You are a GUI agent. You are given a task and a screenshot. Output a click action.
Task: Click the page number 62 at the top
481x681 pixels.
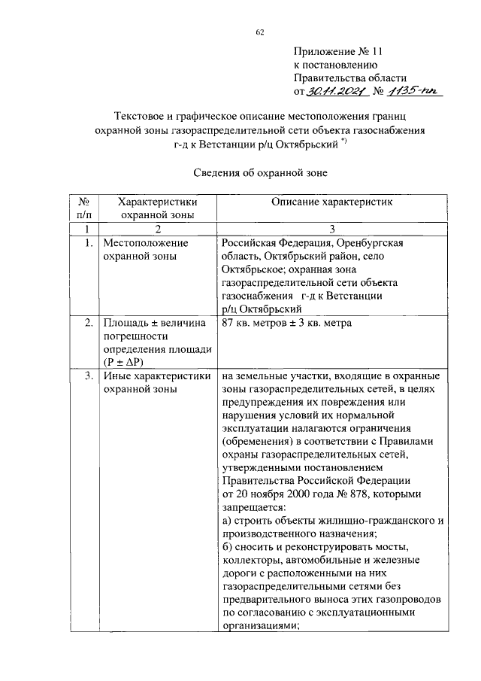(x=260, y=31)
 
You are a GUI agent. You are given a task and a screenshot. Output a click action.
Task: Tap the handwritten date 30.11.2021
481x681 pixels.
(x=334, y=92)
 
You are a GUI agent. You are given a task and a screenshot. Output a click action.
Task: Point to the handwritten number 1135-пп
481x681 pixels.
(x=413, y=91)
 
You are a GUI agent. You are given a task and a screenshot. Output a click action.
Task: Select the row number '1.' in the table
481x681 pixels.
(x=89, y=244)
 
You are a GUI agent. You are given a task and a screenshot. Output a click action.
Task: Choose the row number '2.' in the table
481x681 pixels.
(x=89, y=324)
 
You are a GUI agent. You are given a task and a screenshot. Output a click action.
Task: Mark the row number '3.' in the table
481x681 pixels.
(x=89, y=376)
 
